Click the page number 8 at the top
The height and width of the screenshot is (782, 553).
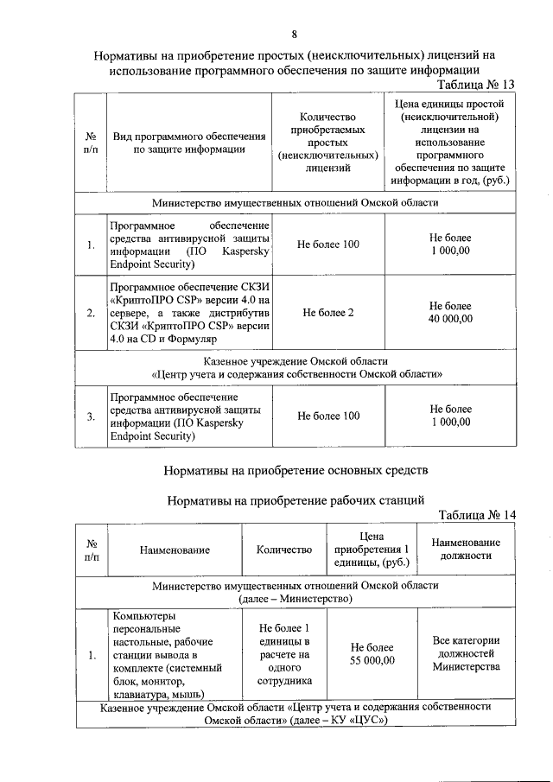pyautogui.click(x=294, y=35)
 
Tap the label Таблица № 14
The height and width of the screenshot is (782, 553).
pyautogui.click(x=477, y=515)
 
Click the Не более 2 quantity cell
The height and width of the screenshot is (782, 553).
pyautogui.click(x=327, y=312)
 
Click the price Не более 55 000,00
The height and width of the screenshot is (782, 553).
pyautogui.click(x=372, y=654)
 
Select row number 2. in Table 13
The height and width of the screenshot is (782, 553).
pyautogui.click(x=91, y=312)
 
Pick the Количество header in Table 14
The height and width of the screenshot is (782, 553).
pyautogui.click(x=284, y=549)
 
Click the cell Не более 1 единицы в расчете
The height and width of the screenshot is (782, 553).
pyautogui.click(x=284, y=654)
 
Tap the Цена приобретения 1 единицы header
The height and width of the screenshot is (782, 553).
pyautogui.click(x=372, y=549)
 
